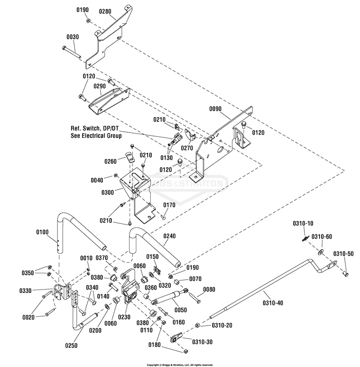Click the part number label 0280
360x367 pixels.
click(x=106, y=11)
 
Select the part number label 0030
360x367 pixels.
click(x=73, y=37)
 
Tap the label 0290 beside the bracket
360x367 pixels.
click(x=100, y=86)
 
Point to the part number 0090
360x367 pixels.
click(x=216, y=109)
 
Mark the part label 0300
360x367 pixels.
click(x=108, y=192)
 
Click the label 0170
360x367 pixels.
click(x=169, y=205)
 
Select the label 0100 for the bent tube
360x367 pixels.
click(x=42, y=232)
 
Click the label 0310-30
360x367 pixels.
click(x=202, y=342)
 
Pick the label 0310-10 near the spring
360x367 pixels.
click(x=303, y=223)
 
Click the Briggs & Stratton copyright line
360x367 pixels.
click(x=180, y=365)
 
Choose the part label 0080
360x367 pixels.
click(x=209, y=290)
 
